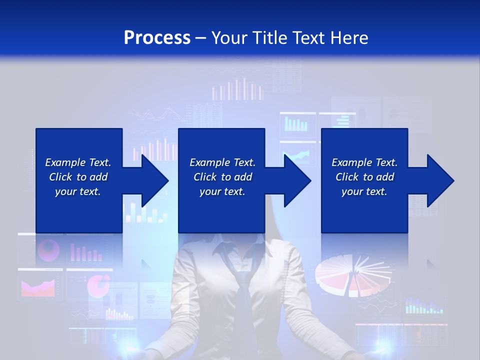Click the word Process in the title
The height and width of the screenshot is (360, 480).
(157, 38)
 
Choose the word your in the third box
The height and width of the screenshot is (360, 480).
(352, 191)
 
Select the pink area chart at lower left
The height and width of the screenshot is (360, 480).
(37, 287)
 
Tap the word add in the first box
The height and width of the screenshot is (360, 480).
(98, 177)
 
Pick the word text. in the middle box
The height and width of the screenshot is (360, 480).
(234, 191)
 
